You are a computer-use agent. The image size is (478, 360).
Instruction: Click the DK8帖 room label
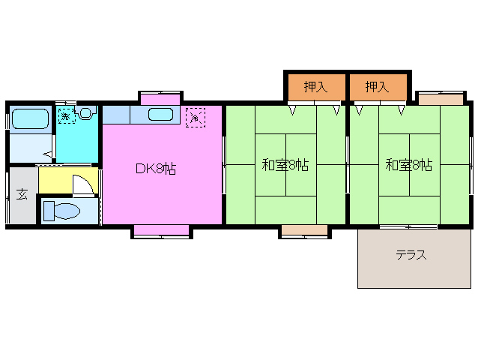156,169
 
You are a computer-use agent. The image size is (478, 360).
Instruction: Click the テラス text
411,255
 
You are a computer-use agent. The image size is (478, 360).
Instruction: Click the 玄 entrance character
22,195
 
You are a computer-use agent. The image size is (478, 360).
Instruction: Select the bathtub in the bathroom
30,118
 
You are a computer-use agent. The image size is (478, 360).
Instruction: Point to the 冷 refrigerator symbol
195,117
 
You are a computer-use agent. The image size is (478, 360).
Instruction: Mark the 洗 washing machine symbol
66,117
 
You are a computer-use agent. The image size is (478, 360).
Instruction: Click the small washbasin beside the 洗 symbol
85,114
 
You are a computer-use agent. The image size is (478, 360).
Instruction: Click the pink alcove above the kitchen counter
160,98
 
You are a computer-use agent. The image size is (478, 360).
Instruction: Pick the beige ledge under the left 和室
303,229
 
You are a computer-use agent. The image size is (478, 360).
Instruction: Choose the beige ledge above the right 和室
440,99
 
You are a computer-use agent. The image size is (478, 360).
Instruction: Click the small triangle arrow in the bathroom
46,154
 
